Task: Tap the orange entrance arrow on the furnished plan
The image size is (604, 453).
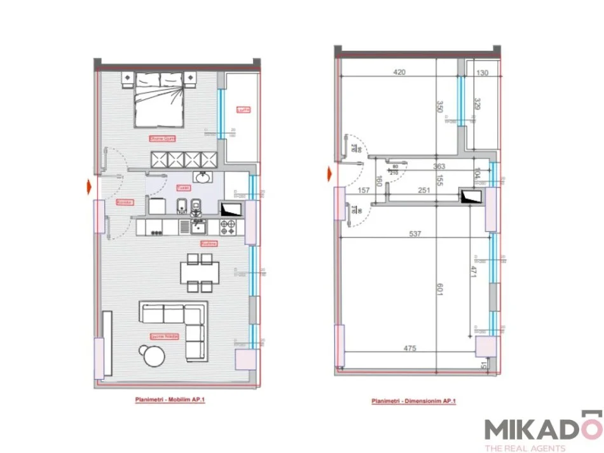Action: point(88,187)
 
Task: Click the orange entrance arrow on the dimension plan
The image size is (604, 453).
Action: point(329,173)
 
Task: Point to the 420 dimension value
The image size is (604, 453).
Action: point(399,72)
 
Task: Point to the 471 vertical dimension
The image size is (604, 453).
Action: point(472,271)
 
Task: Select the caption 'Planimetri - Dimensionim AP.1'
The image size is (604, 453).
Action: point(414,401)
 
